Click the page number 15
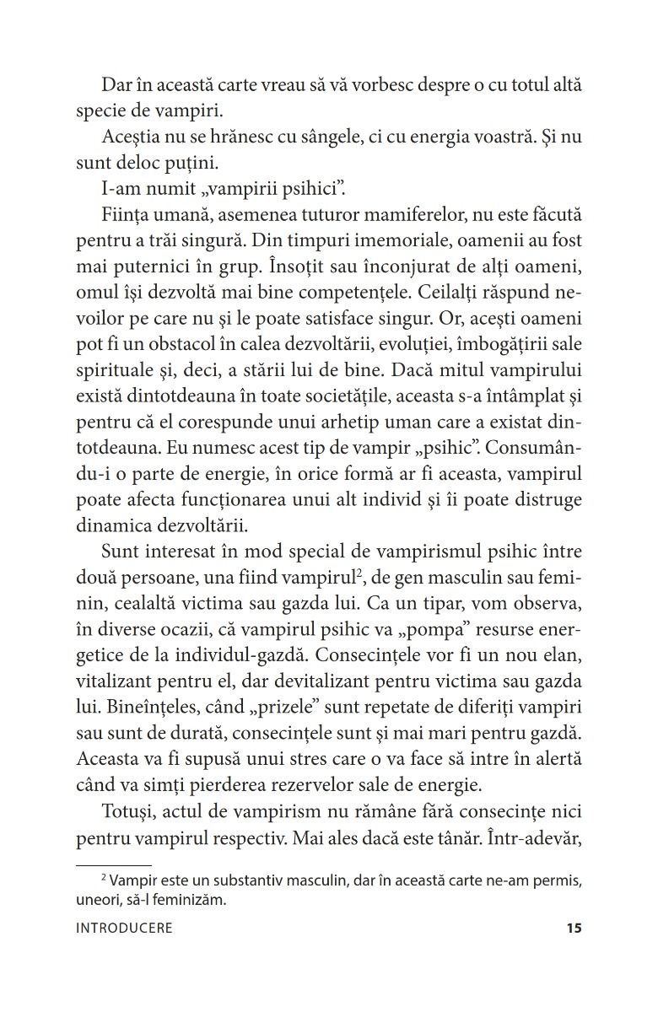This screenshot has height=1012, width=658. (574, 929)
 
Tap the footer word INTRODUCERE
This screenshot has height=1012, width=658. (124, 929)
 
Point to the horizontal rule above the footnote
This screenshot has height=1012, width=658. (113, 865)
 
